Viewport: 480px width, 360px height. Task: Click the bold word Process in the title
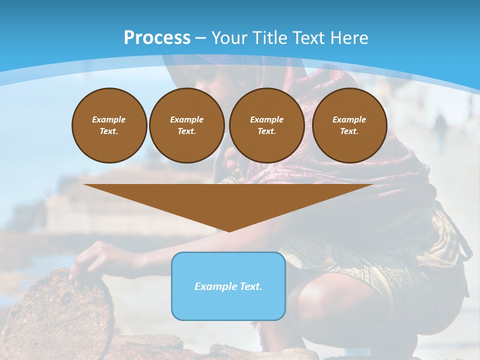tap(157, 38)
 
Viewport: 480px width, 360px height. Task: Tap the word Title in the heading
tap(270, 38)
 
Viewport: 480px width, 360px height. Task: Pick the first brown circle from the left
tap(109, 125)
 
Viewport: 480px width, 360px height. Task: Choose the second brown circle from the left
tap(187, 125)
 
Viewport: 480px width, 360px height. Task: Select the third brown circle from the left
tap(267, 125)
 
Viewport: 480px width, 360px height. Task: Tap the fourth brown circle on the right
tap(349, 125)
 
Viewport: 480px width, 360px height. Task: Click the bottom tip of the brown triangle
tap(229, 230)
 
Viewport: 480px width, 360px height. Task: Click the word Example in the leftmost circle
tap(109, 119)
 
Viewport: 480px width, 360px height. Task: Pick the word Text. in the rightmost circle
tap(349, 131)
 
